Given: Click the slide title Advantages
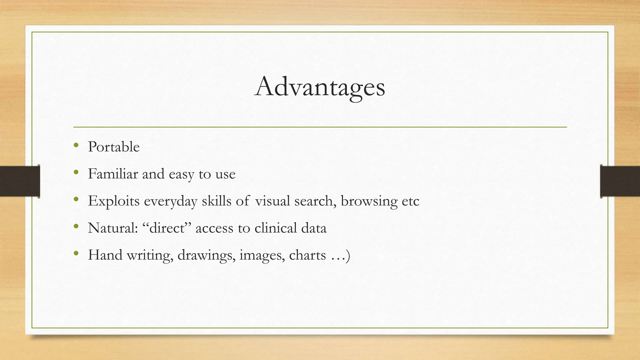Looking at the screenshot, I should [320, 87].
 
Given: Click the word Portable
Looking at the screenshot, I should [114, 147].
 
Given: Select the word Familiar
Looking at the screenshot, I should [113, 174].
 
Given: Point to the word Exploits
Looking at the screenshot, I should [114, 201].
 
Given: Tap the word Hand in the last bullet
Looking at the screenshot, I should [105, 255].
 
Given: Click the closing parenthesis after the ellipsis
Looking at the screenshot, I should [347, 256].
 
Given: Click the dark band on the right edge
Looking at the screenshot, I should [620, 181].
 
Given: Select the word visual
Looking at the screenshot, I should [272, 201].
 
